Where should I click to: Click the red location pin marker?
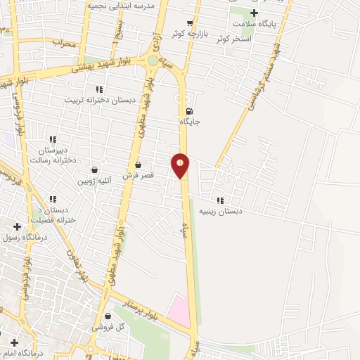[x=181, y=165]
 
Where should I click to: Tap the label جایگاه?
[x=190, y=122]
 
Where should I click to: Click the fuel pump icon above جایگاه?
[x=188, y=111]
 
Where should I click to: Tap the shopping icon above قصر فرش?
[x=139, y=164]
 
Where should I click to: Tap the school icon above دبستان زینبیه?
[x=220, y=200]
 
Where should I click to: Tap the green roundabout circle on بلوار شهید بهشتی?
[x=153, y=60]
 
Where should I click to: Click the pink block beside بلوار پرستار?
[x=179, y=310]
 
